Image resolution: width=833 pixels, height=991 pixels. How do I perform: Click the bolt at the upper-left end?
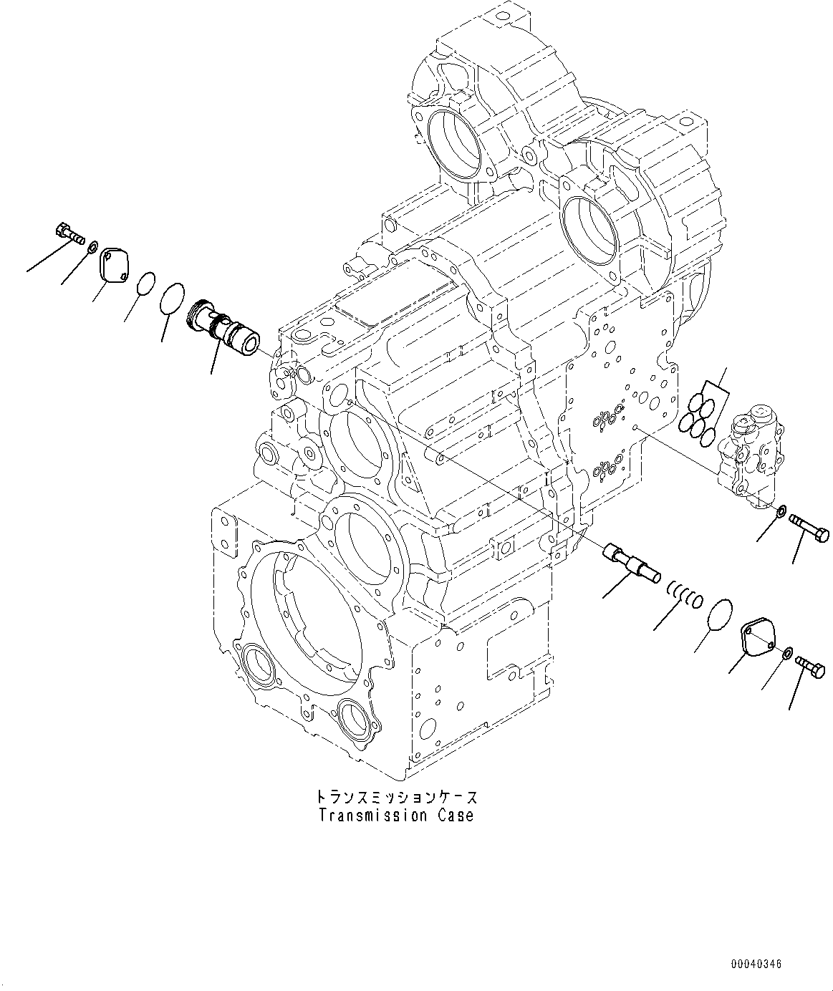(69, 233)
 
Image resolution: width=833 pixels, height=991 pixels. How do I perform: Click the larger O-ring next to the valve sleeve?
(173, 298)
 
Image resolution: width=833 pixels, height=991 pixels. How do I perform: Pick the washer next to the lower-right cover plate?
(788, 653)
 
